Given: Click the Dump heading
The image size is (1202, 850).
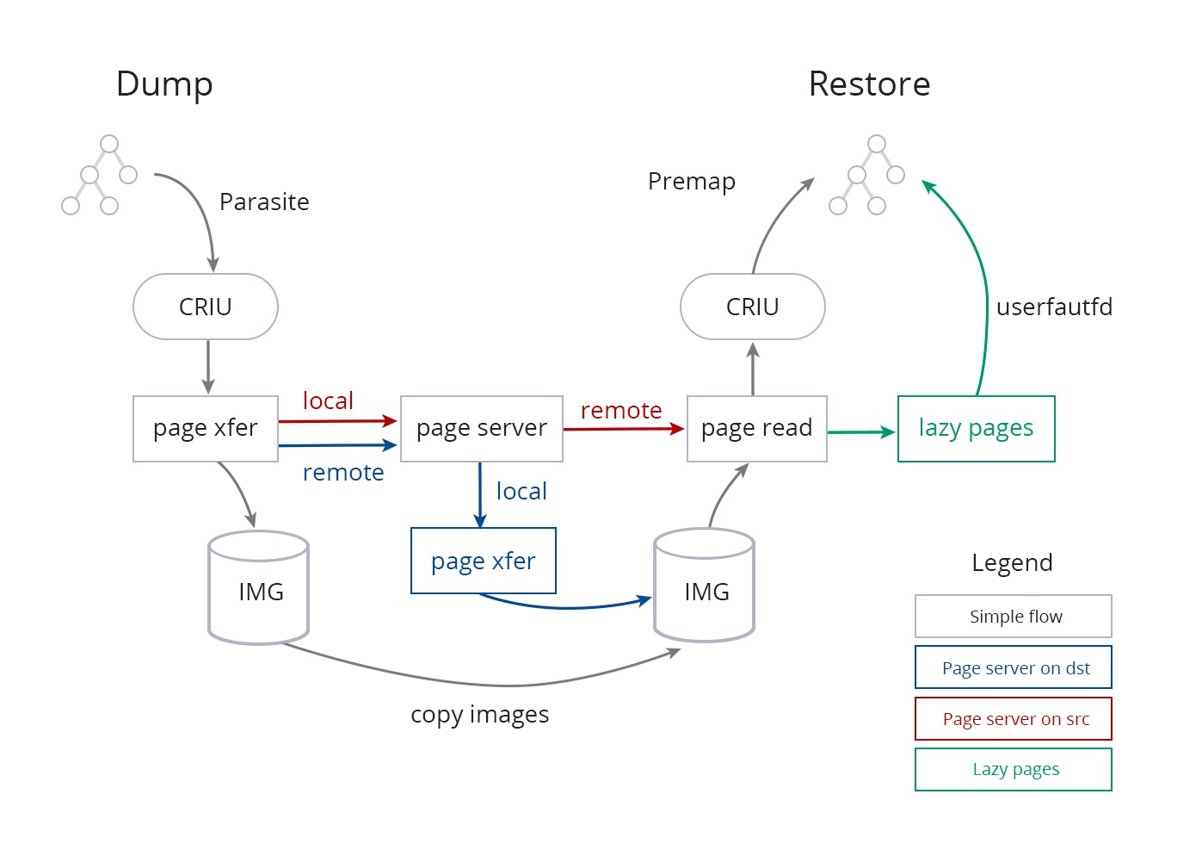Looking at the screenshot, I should point(164,84).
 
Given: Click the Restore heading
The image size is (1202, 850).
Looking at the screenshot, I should point(869,84).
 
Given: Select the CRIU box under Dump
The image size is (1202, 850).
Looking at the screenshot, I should point(206,307).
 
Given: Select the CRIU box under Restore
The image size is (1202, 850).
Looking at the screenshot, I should point(753,307).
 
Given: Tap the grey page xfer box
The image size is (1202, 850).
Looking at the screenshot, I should point(206,429).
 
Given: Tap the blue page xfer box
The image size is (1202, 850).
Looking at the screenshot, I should point(484,561).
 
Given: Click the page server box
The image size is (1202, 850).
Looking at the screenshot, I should point(482,429).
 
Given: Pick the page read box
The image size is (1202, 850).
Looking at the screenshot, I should point(757,429).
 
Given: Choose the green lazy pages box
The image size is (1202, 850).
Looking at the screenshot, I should point(977,429).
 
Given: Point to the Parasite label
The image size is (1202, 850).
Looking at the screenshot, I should point(264,202).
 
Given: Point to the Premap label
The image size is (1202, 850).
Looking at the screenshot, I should point(692,182).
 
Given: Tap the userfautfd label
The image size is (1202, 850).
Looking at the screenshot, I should point(1054,307).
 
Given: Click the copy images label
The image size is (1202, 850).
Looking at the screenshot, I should point(480,715).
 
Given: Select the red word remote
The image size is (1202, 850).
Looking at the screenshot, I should point(621,411).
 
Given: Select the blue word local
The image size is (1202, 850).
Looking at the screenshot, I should point(521,492).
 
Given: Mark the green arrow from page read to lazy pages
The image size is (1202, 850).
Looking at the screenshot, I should point(861,432).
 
